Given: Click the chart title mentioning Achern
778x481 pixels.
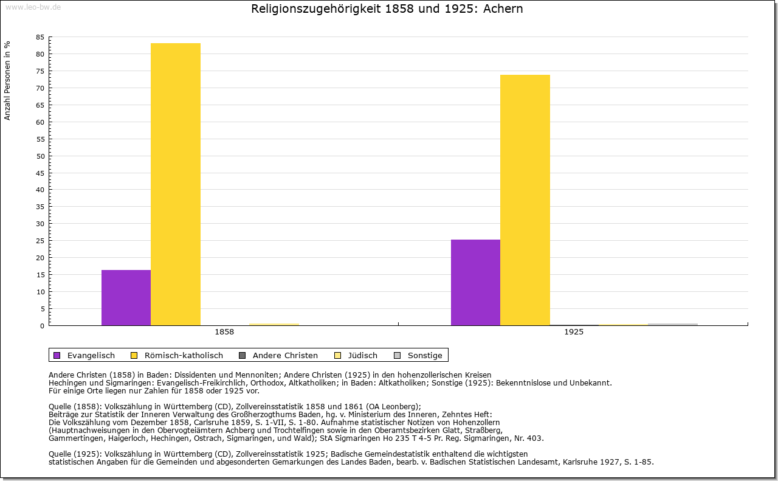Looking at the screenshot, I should click(x=387, y=9).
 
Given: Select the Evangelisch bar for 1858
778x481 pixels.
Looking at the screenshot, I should click(x=126, y=297).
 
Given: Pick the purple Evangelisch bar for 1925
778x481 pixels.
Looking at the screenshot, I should click(x=475, y=282).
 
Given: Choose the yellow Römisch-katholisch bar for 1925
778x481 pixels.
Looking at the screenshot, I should click(x=525, y=200).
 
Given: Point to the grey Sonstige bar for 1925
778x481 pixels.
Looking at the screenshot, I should click(x=672, y=324).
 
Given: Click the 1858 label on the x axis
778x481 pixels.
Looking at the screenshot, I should click(x=224, y=333).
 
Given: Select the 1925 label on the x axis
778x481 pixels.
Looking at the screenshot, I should click(x=574, y=333).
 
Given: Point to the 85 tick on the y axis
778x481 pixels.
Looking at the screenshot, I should click(x=40, y=37).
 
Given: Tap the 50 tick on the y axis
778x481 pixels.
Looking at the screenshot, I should click(x=40, y=156).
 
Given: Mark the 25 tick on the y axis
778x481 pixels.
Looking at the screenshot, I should click(x=40, y=241).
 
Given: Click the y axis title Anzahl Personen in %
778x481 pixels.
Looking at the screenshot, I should click(x=7, y=80).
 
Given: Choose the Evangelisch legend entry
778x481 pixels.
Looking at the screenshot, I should click(x=84, y=355).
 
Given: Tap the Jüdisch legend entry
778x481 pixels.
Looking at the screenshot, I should click(x=356, y=355).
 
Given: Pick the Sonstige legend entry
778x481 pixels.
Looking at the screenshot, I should click(x=418, y=355).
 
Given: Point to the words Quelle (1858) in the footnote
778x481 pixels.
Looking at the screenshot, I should click(x=75, y=407).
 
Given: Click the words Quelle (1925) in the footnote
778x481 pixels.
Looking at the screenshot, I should click(x=75, y=454).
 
